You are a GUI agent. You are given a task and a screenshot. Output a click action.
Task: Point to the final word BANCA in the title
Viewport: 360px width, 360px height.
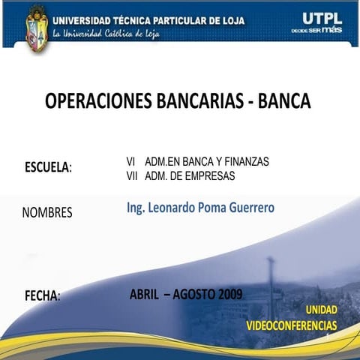(284, 101)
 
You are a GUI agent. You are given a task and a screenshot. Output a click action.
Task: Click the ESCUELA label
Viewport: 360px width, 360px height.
(47, 166)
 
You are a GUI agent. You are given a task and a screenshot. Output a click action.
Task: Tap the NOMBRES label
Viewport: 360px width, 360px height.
(47, 212)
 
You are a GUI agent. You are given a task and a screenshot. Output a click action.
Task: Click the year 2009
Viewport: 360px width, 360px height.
(230, 294)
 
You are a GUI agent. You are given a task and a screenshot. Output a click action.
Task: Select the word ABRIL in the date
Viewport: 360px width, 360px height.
(144, 294)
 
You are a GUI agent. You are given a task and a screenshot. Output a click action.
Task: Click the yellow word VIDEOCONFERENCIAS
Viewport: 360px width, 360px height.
(292, 325)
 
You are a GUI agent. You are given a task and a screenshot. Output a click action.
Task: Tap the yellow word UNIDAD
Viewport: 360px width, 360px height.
(320, 310)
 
